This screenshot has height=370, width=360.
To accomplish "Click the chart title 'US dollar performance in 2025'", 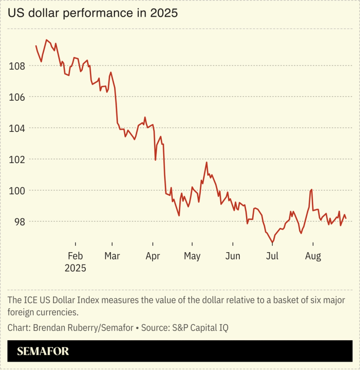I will tap(93, 13).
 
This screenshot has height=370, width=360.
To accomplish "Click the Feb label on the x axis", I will tap(76, 256).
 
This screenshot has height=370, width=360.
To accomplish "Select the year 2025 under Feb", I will tap(76, 268).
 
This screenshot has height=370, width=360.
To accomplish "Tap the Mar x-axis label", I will tap(112, 256).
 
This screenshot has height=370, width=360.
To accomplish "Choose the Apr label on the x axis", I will tap(153, 256).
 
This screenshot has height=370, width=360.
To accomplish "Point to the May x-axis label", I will tap(192, 256).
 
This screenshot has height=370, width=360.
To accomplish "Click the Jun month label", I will tap(233, 256).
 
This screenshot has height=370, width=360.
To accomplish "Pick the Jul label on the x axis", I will tap(272, 256).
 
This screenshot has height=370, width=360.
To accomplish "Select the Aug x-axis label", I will tap(312, 256).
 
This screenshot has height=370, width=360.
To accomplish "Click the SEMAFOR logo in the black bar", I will tap(43, 351).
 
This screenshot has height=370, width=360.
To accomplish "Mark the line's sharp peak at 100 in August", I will tap(311, 189).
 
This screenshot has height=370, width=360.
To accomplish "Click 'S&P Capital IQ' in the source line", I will tap(200, 328).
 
